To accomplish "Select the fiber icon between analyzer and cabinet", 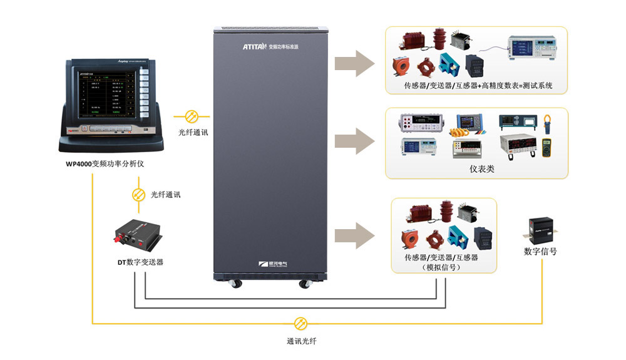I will [x=192, y=116].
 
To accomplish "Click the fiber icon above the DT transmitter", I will [x=138, y=195].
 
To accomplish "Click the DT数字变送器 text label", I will [x=136, y=262].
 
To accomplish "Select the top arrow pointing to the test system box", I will [x=354, y=63].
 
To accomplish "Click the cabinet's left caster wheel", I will [x=237, y=284].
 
